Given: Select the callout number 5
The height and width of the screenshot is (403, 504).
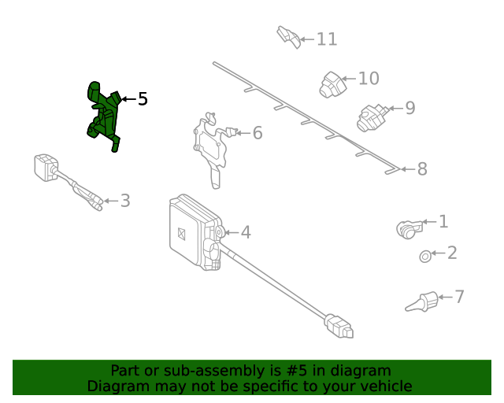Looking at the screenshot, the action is (x=143, y=98).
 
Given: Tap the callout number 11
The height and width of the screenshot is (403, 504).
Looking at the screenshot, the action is (x=327, y=39).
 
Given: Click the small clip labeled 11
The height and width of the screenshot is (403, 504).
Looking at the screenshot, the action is (x=289, y=37).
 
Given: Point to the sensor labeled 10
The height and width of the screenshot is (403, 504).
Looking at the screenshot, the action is (x=332, y=84).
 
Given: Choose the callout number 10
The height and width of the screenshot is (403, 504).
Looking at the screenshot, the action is (x=369, y=79).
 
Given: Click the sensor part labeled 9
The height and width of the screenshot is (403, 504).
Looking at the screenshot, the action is (x=372, y=117).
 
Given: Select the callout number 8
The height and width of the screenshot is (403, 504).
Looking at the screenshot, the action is (x=422, y=168).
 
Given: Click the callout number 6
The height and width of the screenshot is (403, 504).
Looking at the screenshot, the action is (x=258, y=133).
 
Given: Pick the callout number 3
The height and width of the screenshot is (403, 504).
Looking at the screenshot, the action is (x=125, y=201).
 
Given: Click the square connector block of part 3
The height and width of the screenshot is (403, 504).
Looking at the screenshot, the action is (x=46, y=167).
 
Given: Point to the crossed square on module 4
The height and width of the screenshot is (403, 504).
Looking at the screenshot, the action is (x=181, y=234).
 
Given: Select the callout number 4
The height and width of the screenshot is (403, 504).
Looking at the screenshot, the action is (x=246, y=232).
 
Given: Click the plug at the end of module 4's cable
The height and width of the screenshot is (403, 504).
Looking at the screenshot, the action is (x=339, y=326).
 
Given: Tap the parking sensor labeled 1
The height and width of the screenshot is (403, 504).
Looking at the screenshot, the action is (x=409, y=230).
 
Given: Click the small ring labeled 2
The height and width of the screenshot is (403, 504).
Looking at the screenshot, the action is (x=425, y=257).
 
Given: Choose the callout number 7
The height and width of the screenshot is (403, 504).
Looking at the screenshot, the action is (x=460, y=296).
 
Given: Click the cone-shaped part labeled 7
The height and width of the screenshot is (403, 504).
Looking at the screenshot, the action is (x=422, y=301).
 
